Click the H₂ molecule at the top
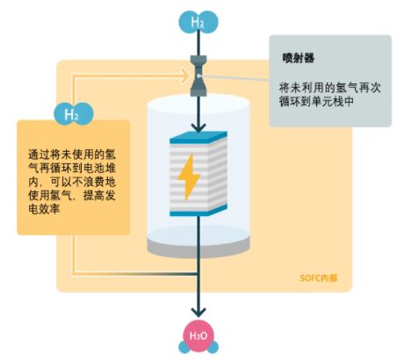point(198,22)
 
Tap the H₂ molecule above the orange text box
point(74,114)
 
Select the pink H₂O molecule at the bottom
point(198,336)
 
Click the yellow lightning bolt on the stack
point(189,177)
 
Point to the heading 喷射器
point(298,58)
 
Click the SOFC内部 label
point(319,277)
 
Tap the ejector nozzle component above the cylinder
point(198,76)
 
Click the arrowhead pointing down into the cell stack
point(198,127)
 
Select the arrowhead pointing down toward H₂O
point(198,312)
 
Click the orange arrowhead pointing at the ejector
point(185,76)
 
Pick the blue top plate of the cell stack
point(198,137)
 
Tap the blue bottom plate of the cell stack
point(198,211)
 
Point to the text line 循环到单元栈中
point(316,101)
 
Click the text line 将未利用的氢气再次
point(330,88)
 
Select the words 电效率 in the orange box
point(44,209)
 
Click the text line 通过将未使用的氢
point(72,154)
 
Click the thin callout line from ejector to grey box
point(234,77)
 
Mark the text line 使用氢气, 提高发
point(72,195)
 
